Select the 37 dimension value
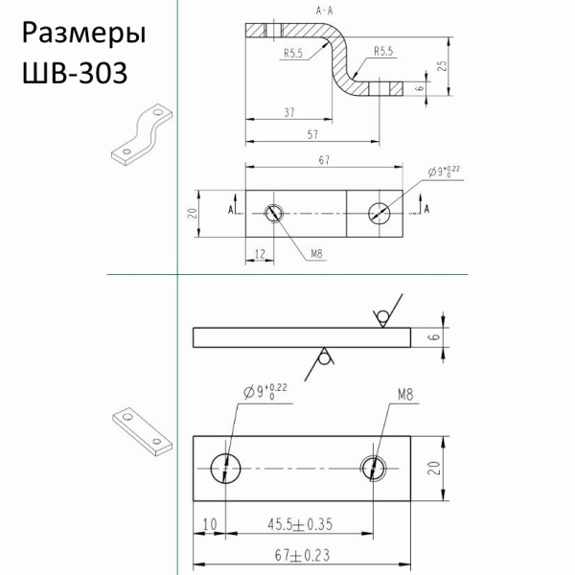pyautogui.click(x=288, y=113)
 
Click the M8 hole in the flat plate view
pyautogui.click(x=374, y=468)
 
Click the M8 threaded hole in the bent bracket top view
pyautogui.click(x=274, y=213)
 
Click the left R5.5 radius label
pyautogui.click(x=293, y=56)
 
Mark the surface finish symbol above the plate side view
pyautogui.click(x=380, y=315)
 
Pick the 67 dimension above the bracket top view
pyautogui.click(x=325, y=160)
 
